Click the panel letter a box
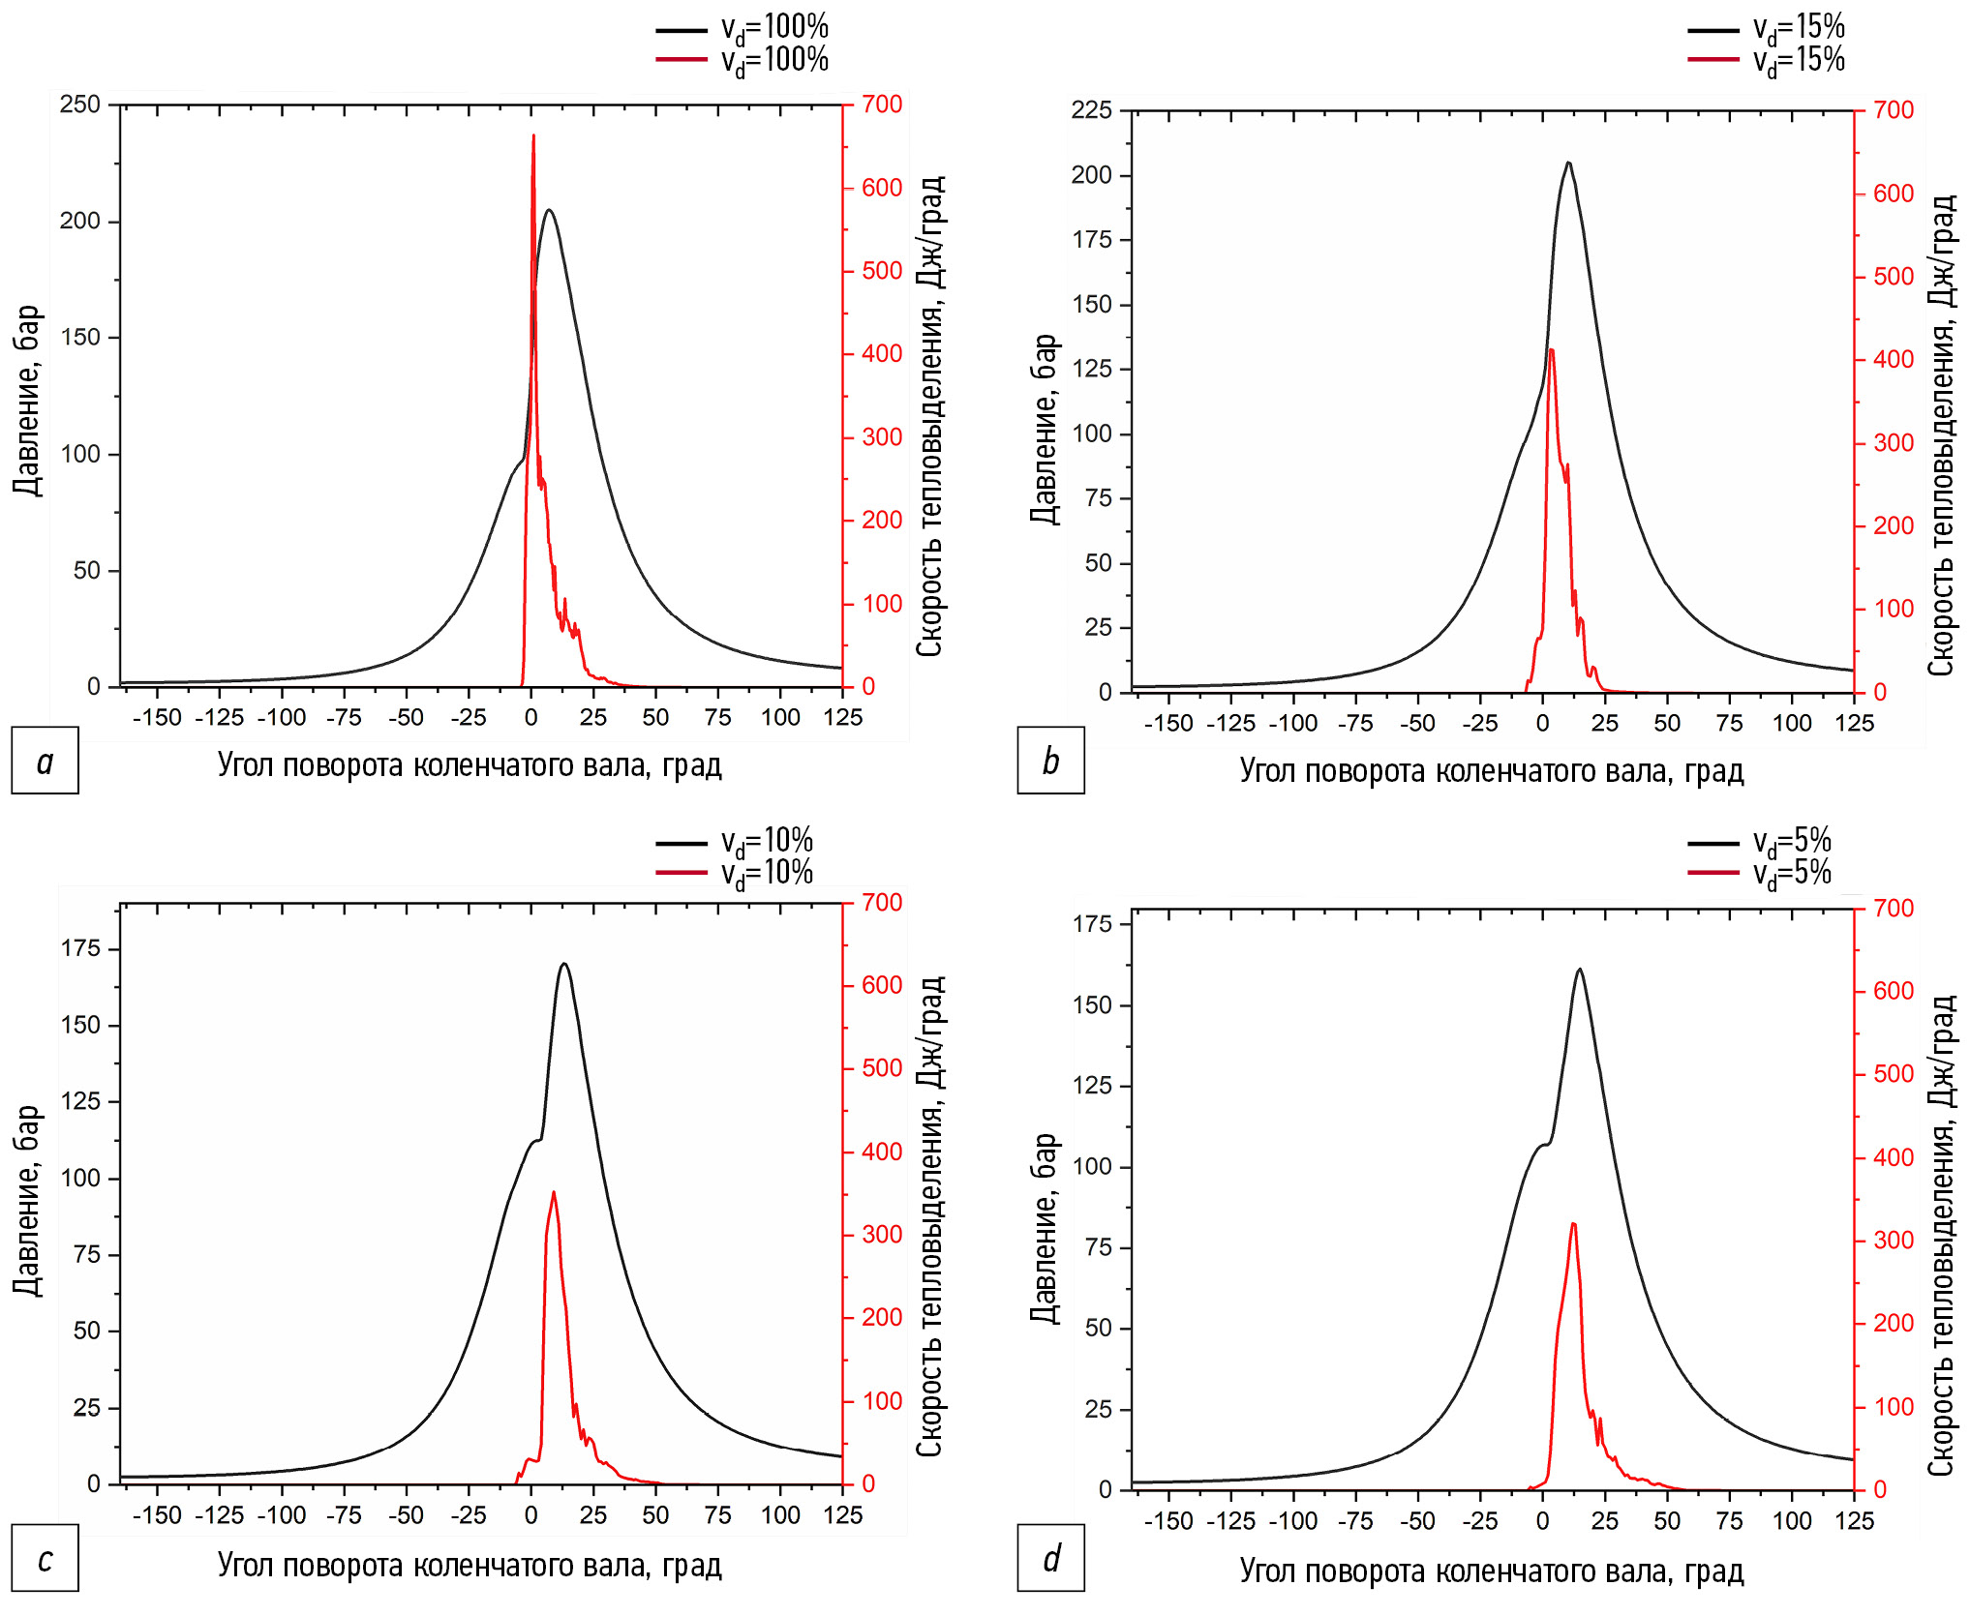click(x=45, y=761)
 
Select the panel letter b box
click(x=1050, y=761)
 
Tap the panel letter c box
click(x=45, y=1559)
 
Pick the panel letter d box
click(x=1050, y=1559)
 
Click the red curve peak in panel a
click(x=533, y=136)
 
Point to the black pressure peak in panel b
click(x=1568, y=163)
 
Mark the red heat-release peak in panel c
click(x=553, y=1192)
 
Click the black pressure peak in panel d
click(x=1580, y=970)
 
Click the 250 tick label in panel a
click(x=80, y=105)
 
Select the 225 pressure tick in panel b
click(x=1091, y=110)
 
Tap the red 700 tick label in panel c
click(x=882, y=903)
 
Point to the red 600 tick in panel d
click(x=1894, y=991)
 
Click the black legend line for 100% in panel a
click(x=682, y=31)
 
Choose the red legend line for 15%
click(x=1713, y=60)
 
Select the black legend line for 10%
click(x=682, y=844)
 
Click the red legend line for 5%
click(x=1713, y=873)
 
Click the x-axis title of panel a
click(x=470, y=765)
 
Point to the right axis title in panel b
click(x=1941, y=435)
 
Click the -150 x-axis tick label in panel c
click(x=157, y=1516)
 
